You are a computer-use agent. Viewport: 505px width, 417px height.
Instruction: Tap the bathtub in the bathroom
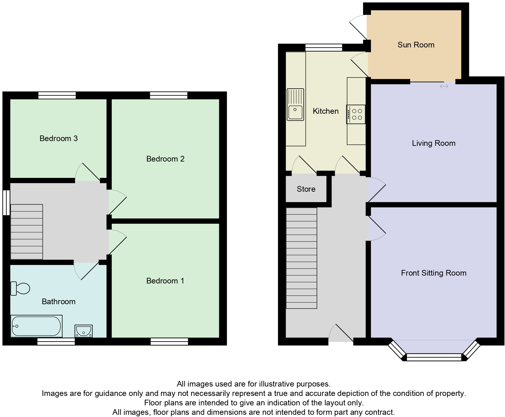(x=36, y=326)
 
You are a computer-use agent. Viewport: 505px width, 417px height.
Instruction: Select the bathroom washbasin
(x=84, y=331)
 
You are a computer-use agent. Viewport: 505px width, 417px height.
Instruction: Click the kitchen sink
(x=295, y=105)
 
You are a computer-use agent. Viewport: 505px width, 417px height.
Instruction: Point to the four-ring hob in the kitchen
(x=356, y=114)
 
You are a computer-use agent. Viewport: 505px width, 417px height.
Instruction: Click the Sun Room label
(x=416, y=45)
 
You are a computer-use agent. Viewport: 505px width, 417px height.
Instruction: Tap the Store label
(x=306, y=189)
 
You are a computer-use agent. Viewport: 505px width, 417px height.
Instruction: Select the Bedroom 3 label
(x=58, y=139)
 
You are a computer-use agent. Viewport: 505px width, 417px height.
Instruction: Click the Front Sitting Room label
(x=433, y=273)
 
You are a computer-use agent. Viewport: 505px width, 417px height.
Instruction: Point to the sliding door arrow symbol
(x=444, y=86)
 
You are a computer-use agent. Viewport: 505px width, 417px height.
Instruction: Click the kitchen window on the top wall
(x=323, y=47)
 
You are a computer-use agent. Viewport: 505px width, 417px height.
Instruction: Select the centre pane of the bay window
(x=434, y=357)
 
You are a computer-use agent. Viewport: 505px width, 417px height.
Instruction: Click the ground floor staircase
(x=301, y=258)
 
